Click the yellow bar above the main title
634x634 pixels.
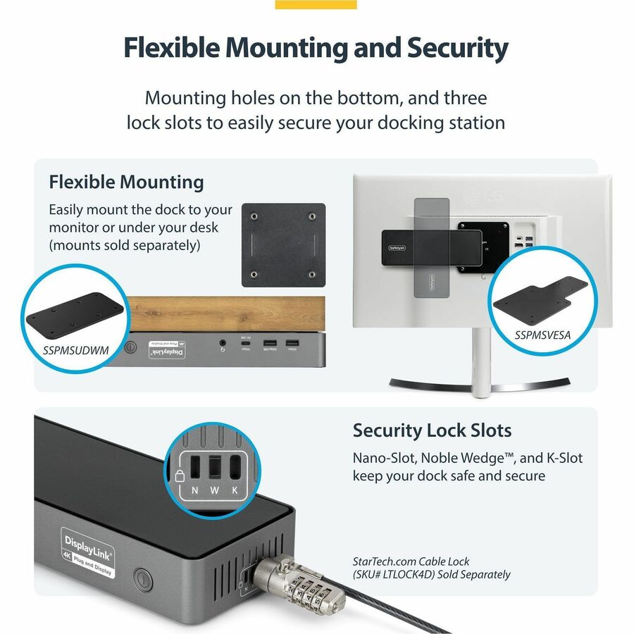click(x=316, y=4)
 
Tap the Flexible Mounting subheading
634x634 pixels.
click(x=126, y=182)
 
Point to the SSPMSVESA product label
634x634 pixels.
click(x=542, y=335)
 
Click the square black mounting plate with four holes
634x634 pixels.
click(x=283, y=245)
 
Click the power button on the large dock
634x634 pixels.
click(x=142, y=580)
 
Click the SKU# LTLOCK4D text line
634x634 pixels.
click(x=431, y=574)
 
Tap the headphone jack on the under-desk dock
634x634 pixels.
click(x=223, y=344)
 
